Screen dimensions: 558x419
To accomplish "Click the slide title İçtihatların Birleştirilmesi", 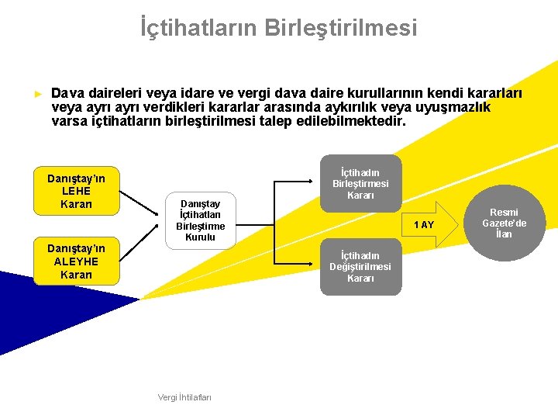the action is pyautogui.click(x=278, y=28).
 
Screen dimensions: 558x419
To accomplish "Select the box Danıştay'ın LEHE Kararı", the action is pyautogui.click(x=76, y=191).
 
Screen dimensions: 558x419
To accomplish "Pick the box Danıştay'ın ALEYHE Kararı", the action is pyautogui.click(x=76, y=261).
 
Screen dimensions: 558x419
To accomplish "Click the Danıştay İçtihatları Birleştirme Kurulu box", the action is pyautogui.click(x=200, y=220).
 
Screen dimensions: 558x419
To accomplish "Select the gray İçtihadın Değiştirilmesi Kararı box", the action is pyautogui.click(x=360, y=267).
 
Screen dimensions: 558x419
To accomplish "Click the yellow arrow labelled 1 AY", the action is pyautogui.click(x=422, y=224).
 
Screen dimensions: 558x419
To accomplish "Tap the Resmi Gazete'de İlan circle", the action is pyautogui.click(x=504, y=223).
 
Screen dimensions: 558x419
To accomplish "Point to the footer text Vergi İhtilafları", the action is pyautogui.click(x=184, y=397).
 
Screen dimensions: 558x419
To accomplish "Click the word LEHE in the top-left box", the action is pyautogui.click(x=76, y=191).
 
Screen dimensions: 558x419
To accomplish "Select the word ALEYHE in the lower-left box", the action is pyautogui.click(x=76, y=261).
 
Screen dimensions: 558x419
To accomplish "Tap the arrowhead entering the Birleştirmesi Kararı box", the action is pyautogui.click(x=316, y=184).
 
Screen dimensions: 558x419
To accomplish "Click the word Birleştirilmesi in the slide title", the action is pyautogui.click(x=340, y=28).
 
